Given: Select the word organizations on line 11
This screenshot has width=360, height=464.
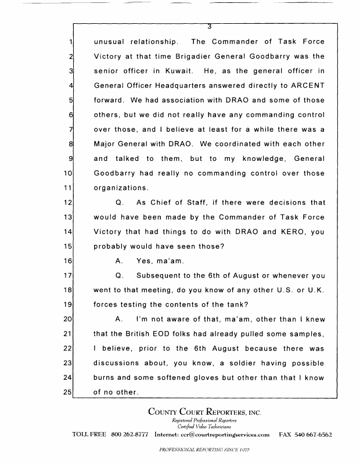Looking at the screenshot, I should (x=120, y=188).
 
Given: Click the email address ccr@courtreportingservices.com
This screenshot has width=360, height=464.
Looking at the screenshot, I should (x=224, y=434).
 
